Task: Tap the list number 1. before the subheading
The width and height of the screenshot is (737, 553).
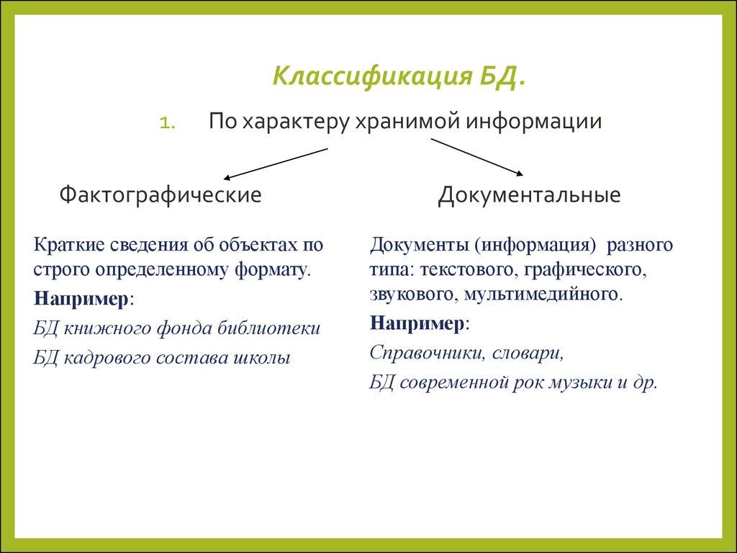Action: tap(168, 123)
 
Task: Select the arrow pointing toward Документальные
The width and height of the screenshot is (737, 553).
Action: tap(476, 156)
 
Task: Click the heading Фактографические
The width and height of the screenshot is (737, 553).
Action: tap(160, 194)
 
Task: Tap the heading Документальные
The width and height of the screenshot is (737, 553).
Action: tap(529, 195)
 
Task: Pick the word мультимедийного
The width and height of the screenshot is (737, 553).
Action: tap(541, 295)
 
